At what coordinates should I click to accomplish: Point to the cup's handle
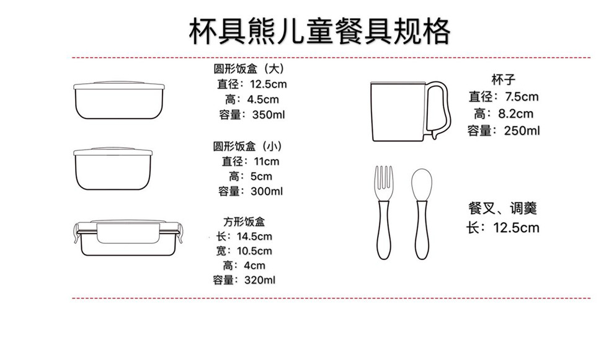coord(440,109)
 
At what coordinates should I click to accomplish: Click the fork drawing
coord(383,211)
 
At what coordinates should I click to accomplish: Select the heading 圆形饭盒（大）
coord(248,68)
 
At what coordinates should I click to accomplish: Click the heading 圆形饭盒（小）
coord(247,146)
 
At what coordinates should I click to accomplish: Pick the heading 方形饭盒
coord(244,222)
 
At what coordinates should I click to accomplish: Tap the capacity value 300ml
coord(266,191)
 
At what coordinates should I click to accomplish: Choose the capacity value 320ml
coord(260,281)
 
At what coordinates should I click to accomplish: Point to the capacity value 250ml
coord(522,130)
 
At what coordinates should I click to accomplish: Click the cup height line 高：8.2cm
coord(503,114)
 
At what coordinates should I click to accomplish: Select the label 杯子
coord(503,79)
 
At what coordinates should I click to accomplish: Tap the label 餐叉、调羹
coord(503,208)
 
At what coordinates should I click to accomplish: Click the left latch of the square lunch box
coord(78,235)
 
